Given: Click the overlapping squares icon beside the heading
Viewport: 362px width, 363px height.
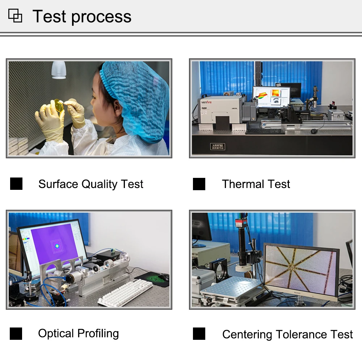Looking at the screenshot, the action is pyautogui.click(x=15, y=16).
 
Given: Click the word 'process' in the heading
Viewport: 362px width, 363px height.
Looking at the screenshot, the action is pyautogui.click(x=101, y=17).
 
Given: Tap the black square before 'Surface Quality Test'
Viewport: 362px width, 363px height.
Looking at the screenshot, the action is pyautogui.click(x=16, y=184).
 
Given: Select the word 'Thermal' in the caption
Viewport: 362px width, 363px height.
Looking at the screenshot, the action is pyautogui.click(x=243, y=184).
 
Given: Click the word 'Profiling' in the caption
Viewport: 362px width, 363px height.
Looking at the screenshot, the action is pyautogui.click(x=98, y=334).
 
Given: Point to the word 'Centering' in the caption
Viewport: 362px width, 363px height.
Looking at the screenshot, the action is pyautogui.click(x=247, y=335).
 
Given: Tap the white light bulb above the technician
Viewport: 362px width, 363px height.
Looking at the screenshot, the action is pyautogui.click(x=59, y=70).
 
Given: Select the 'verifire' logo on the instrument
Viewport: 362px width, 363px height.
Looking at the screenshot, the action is pyautogui.click(x=206, y=102).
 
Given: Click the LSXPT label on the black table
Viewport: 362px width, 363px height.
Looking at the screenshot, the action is pyautogui.click(x=218, y=147).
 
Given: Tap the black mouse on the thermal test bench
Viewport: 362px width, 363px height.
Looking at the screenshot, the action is pyautogui.click(x=313, y=131).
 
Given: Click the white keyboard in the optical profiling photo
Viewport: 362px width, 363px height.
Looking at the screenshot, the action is pyautogui.click(x=125, y=292).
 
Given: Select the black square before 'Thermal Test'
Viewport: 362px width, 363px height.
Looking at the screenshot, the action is pyautogui.click(x=199, y=184).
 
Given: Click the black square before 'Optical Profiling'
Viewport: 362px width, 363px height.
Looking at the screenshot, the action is pyautogui.click(x=16, y=334).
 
